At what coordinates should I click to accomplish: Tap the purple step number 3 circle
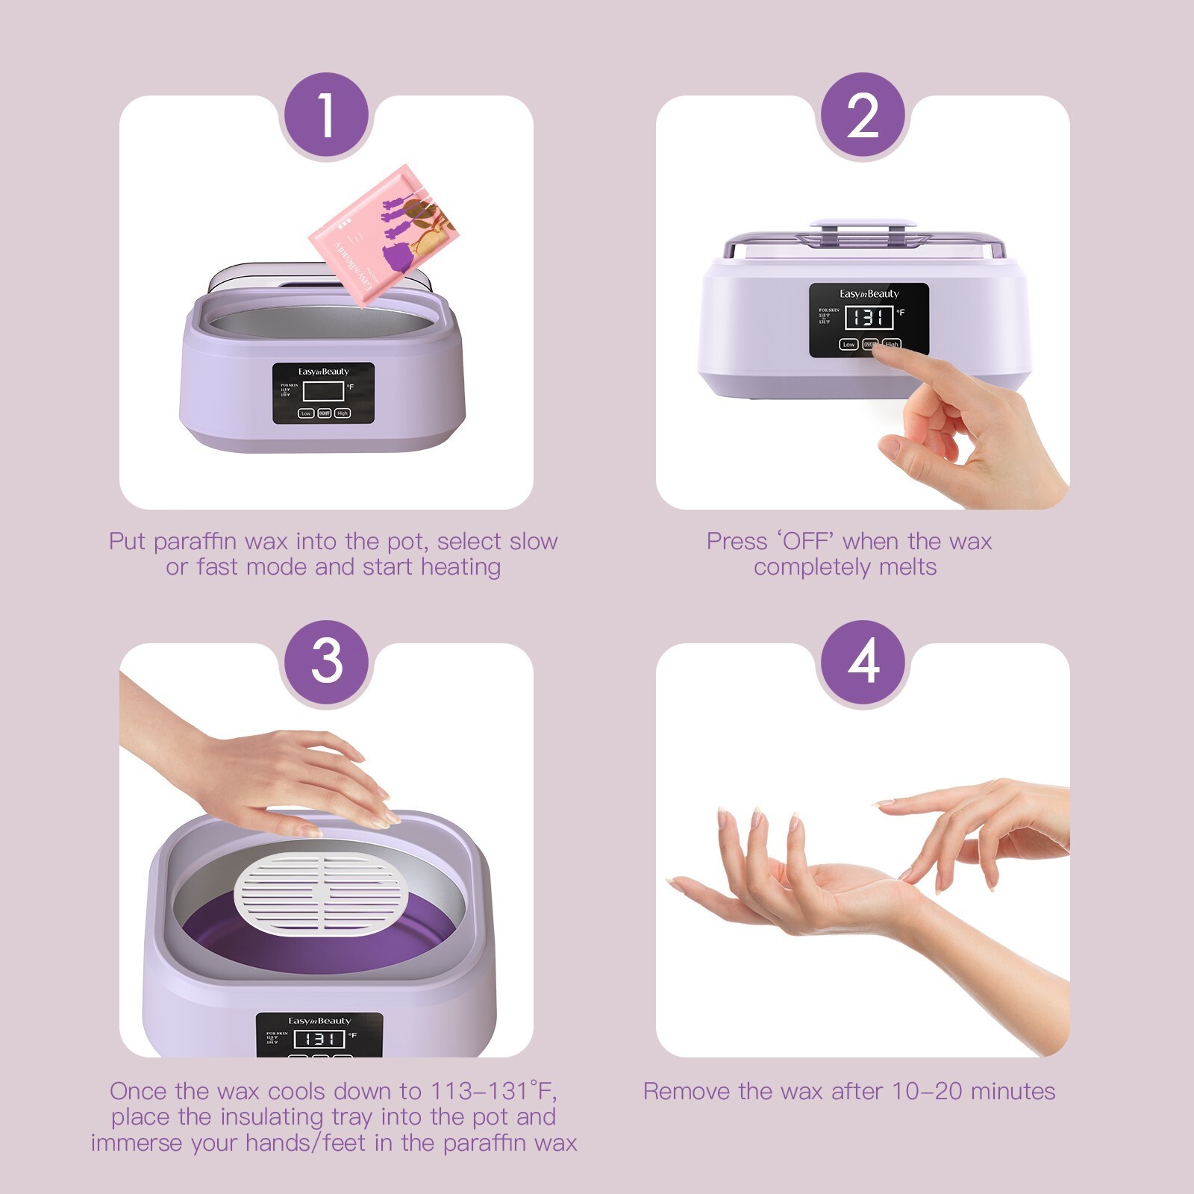(326, 662)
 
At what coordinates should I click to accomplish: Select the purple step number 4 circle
(863, 662)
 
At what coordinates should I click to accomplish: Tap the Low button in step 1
(306, 413)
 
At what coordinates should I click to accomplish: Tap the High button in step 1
(343, 413)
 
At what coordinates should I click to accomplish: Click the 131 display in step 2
(869, 317)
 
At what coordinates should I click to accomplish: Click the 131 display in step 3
(319, 1038)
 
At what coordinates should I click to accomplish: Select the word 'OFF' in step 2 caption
(807, 541)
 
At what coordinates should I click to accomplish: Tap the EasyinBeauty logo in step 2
(869, 294)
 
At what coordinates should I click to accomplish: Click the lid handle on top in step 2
(863, 222)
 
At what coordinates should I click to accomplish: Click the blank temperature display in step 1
(323, 391)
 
